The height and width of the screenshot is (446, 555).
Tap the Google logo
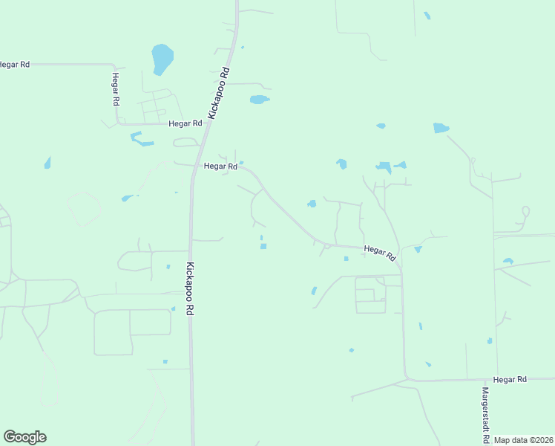[24, 437]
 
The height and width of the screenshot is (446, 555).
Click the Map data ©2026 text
[523, 440]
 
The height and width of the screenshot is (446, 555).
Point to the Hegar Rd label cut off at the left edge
[14, 65]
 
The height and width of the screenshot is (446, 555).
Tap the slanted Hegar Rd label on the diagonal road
[380, 253]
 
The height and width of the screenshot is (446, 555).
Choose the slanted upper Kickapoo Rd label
[220, 94]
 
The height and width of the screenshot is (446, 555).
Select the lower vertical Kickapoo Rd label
[190, 290]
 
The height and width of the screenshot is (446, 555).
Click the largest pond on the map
[162, 58]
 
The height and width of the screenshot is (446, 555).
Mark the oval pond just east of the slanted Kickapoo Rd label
[259, 100]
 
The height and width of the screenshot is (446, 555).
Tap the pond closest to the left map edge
[47, 163]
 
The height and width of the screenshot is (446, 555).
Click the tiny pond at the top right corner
[427, 16]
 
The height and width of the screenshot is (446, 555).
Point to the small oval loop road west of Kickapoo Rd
[185, 142]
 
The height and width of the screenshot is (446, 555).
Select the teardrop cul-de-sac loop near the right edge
[525, 212]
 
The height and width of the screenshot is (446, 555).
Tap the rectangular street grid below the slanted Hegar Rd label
[370, 294]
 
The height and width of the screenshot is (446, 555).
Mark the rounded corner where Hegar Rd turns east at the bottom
[407, 376]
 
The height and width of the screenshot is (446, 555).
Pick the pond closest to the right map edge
[508, 261]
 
